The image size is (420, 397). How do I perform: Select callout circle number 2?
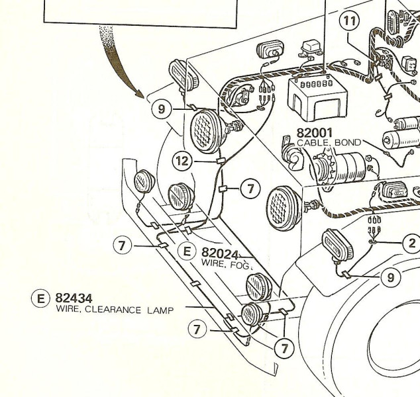point(411,243)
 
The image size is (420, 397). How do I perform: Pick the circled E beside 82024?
point(187,251)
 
